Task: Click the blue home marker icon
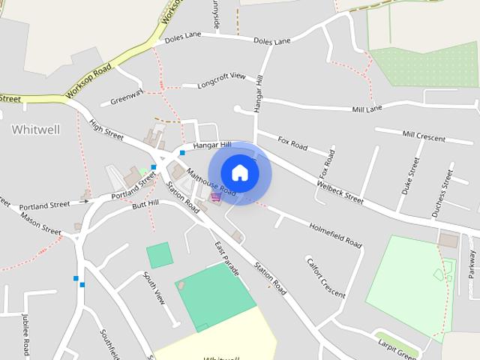[x=239, y=172]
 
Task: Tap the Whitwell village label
[x=35, y=129]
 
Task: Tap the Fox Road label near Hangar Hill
[x=292, y=142]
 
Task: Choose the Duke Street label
[x=412, y=175]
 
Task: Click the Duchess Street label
[x=442, y=193]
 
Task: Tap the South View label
[x=154, y=287]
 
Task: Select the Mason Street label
[x=40, y=220]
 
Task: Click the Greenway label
[x=126, y=98]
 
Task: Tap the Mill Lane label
[x=367, y=109]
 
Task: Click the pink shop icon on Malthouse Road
[x=216, y=196]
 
